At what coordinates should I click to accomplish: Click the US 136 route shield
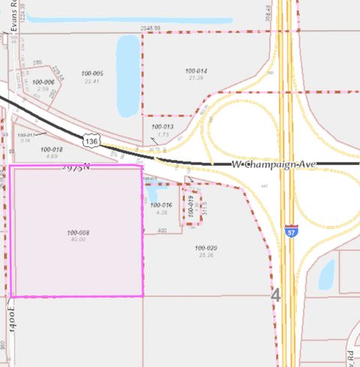91,140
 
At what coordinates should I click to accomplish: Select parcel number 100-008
77,233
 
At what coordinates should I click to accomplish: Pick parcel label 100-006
43,82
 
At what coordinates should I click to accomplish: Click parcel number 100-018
52,149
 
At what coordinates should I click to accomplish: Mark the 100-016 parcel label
161,205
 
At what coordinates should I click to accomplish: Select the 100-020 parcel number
205,248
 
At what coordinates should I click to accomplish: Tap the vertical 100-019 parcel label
193,206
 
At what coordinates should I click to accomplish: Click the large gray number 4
275,296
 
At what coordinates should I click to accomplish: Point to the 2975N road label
75,168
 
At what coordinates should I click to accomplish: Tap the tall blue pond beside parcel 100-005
127,73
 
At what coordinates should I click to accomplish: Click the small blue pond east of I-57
327,275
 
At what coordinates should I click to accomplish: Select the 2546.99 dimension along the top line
150,28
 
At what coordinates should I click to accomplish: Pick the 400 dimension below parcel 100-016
161,230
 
